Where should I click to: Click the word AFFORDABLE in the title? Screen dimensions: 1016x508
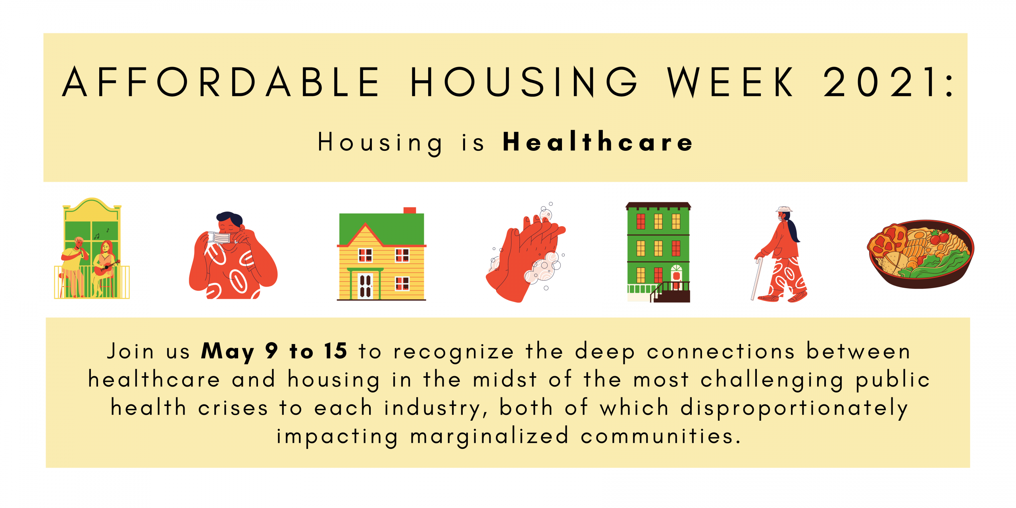[x=221, y=82]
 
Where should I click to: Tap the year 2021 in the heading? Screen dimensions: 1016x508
[x=880, y=82]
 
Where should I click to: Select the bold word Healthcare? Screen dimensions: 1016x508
[x=598, y=142]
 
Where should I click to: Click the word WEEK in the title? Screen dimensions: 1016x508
[x=730, y=82]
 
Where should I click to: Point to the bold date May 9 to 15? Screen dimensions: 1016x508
[x=274, y=351]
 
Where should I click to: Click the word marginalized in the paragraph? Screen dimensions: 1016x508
[x=489, y=437]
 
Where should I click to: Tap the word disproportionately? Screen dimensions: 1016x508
[x=794, y=408]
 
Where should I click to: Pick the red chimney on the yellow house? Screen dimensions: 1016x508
[x=410, y=210]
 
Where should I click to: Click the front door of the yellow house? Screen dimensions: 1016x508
[x=366, y=285]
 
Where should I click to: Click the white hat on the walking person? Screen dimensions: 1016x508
[x=784, y=209]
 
